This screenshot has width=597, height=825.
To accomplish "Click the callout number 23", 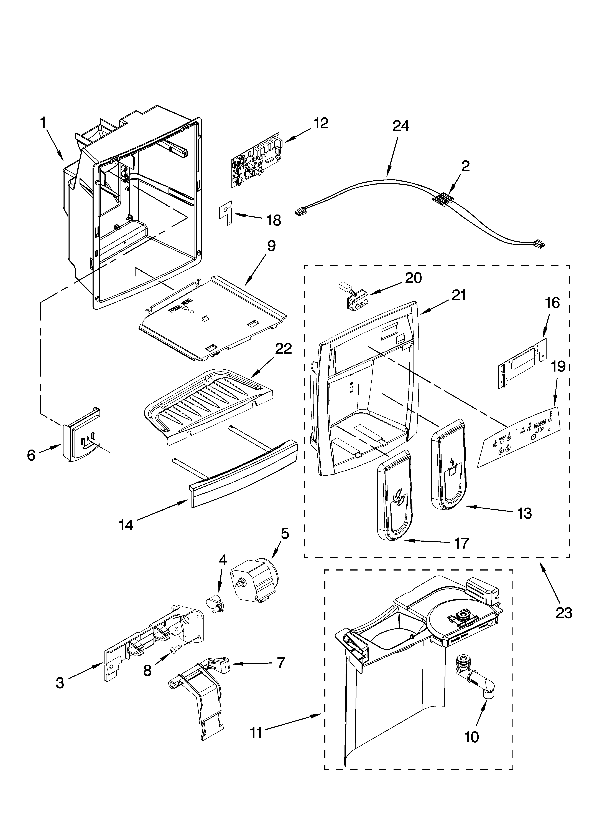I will pos(563,613).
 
